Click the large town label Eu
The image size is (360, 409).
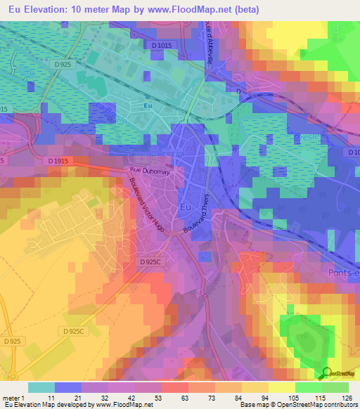point(186,208)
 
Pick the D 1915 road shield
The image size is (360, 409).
point(59,161)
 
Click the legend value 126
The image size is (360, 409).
point(347,397)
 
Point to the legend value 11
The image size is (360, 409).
point(51,397)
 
